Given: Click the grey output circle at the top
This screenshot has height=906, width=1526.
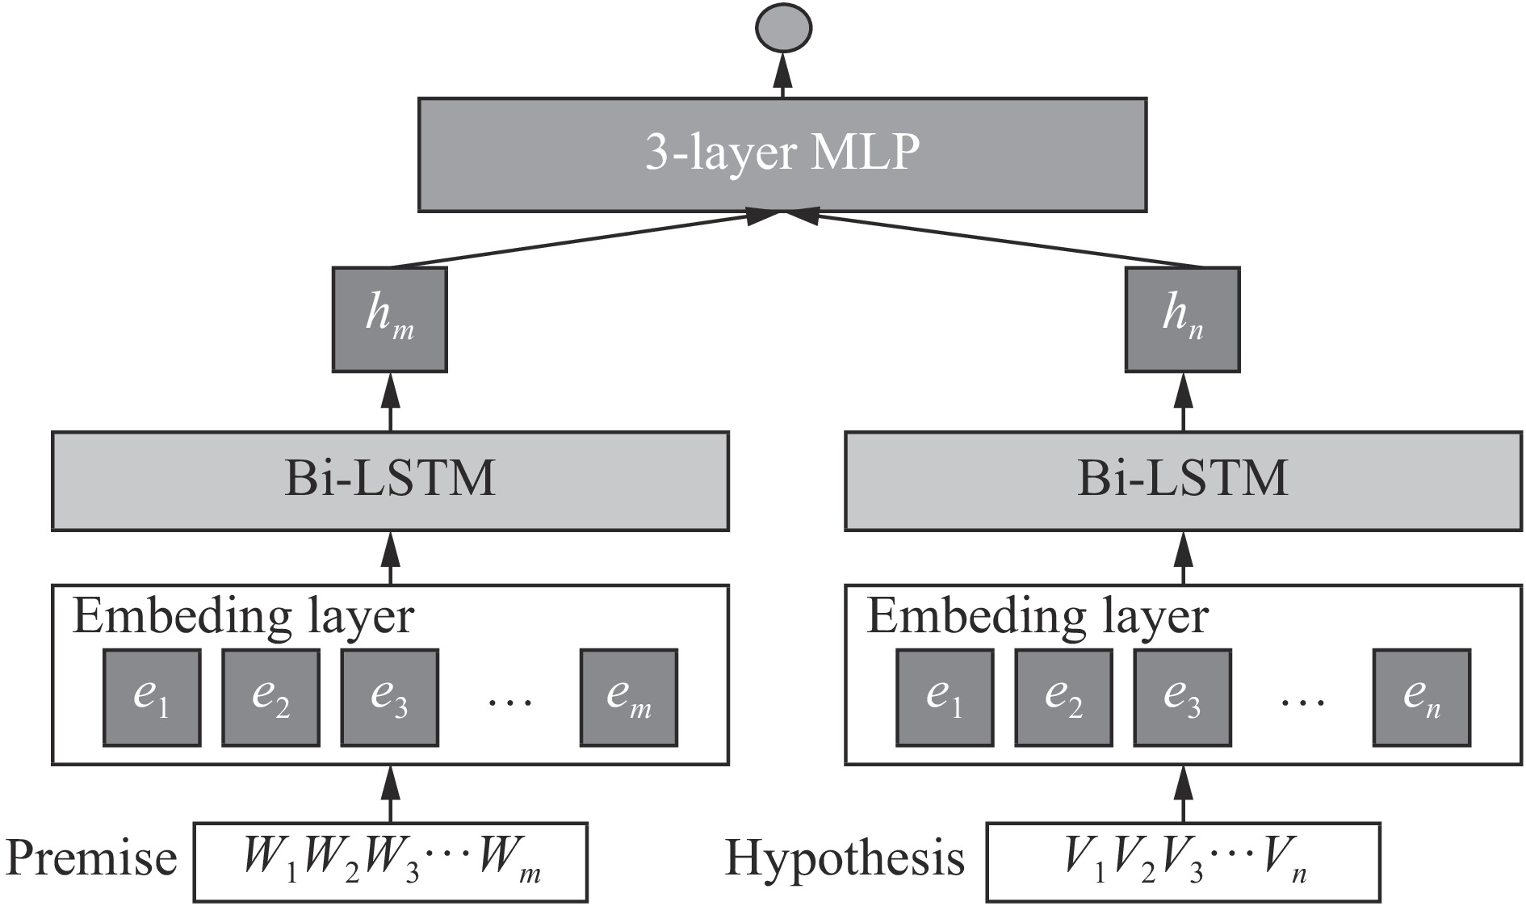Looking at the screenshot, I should pos(782,29).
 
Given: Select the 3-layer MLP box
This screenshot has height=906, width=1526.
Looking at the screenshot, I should pos(782,155).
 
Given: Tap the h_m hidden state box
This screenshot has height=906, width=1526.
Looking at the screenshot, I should pos(389,320).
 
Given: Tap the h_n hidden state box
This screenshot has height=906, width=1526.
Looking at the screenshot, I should pos(1182,320).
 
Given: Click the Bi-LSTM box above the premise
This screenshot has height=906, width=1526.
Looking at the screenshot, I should pos(390,481).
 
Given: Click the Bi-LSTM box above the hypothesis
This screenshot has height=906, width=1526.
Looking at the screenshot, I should pos(1183,481).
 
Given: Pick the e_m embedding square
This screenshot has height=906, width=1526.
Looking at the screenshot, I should pos(628,698).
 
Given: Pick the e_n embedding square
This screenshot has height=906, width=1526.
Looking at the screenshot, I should pos(1421,698).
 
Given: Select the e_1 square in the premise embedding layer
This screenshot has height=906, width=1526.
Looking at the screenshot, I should pos(152,698).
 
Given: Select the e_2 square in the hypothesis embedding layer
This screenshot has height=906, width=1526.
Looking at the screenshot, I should pos(1063,698).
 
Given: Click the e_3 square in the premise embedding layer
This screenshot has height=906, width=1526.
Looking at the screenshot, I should pos(389,698).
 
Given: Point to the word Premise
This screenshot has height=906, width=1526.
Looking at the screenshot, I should pos(91,859).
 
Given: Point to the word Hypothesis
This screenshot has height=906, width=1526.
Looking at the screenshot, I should pos(845,859).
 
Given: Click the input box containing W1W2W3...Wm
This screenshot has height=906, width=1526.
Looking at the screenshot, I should pos(390,862).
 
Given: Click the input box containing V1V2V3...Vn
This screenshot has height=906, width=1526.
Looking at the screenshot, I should pos(1183,862).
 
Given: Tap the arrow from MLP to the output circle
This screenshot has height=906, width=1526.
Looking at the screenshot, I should pos(782,77).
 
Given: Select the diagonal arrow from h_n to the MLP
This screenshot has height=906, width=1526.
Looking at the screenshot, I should pos(1001,241).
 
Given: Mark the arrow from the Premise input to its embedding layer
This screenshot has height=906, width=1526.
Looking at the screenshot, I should pos(390,793).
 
